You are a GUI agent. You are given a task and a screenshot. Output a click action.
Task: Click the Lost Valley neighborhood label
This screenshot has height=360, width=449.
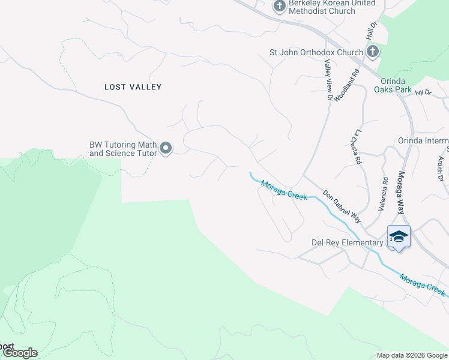133,87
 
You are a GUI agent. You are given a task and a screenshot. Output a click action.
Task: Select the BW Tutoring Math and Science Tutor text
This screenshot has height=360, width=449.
123,149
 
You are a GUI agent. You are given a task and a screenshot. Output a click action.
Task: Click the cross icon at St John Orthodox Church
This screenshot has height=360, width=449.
372,52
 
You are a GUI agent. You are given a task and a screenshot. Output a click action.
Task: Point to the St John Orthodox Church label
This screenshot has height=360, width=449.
316,52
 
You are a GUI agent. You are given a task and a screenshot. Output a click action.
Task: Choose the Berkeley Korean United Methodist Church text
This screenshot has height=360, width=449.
332,7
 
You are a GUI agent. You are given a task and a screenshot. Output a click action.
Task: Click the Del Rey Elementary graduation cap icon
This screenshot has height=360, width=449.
399,237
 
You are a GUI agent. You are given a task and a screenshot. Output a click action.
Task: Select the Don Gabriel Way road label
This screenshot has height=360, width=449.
342,206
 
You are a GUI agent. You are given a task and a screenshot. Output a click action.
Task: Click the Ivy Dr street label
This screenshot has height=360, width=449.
423,92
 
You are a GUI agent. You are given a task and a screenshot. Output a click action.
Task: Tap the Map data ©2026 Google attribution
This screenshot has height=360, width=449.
411,355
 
